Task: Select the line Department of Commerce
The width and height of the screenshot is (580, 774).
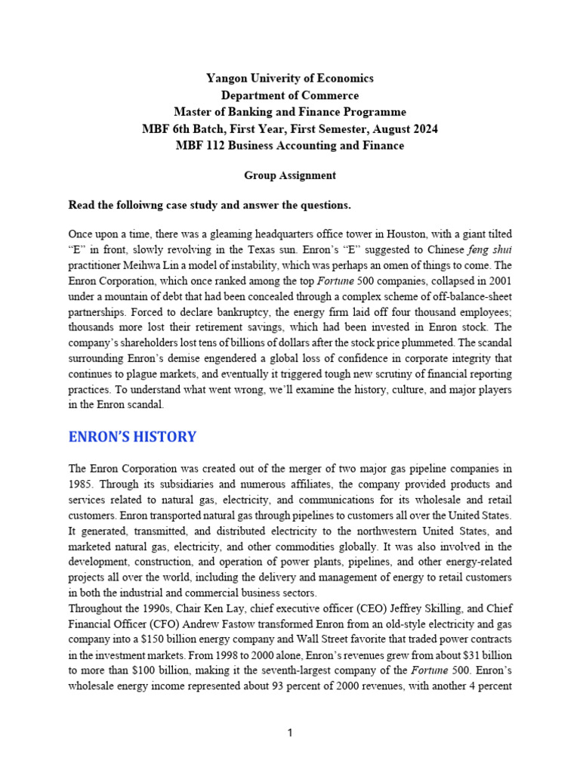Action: [x=290, y=95]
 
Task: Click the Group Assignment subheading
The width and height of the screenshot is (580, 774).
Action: [x=289, y=175]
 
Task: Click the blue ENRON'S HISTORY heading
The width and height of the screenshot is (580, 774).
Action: [x=132, y=437]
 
